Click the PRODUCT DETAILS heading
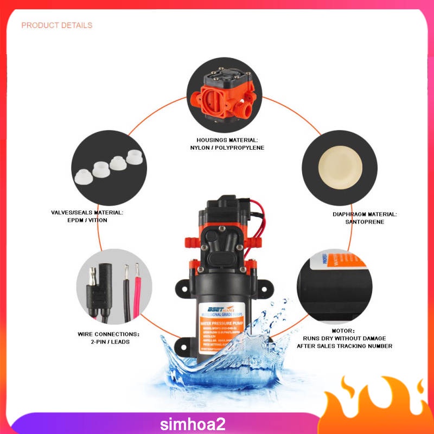tap(56, 25)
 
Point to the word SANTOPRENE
tap(365, 222)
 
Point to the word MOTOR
tap(343, 330)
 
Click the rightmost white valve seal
tap(134, 157)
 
